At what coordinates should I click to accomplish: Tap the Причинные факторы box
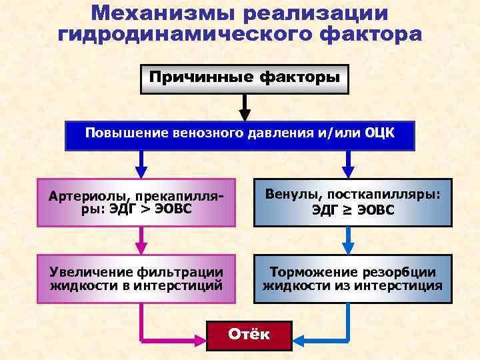[x=245, y=79]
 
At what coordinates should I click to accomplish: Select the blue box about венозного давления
[x=239, y=135]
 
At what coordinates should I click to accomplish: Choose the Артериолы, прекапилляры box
[x=137, y=201]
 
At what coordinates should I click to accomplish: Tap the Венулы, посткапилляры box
[x=353, y=201]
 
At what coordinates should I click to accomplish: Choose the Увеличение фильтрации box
[x=137, y=279]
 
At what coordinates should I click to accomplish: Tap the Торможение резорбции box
[x=353, y=279]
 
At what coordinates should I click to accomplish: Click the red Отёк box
[x=249, y=334]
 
